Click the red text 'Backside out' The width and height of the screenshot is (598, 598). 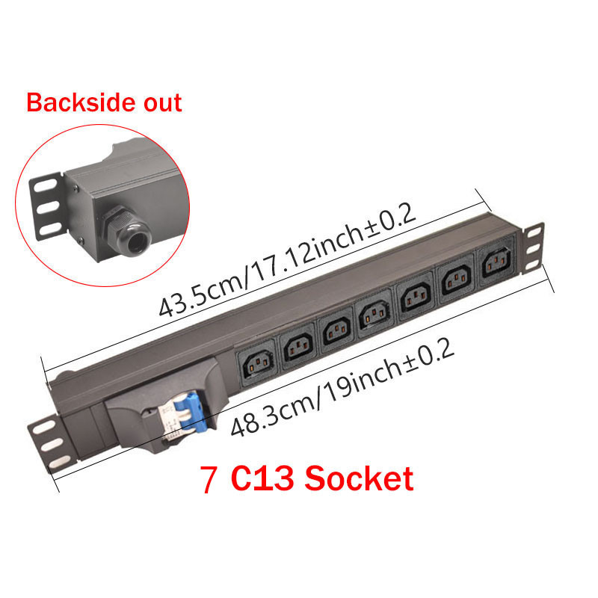tap(104, 102)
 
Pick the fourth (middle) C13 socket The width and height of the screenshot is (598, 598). tap(374, 314)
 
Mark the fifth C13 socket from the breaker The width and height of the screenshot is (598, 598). tap(416, 298)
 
